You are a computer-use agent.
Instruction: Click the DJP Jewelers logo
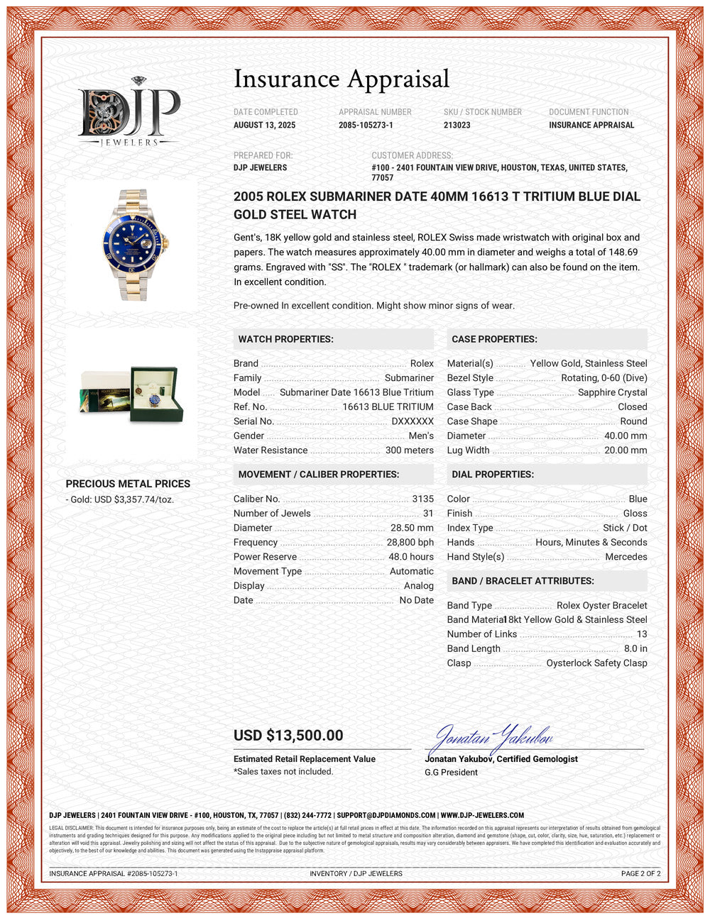(129, 112)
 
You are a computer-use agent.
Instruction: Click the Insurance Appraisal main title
(342, 79)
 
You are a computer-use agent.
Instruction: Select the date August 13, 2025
(264, 125)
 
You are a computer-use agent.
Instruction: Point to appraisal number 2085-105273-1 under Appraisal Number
(366, 125)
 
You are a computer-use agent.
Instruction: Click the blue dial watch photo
(131, 245)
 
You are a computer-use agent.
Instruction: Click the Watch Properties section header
(285, 339)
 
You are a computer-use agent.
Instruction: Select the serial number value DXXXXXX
(413, 421)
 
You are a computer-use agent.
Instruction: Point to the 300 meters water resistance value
(409, 450)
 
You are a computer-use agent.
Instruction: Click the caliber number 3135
(422, 499)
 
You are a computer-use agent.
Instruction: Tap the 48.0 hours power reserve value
(410, 557)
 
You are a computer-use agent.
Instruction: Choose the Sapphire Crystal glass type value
(612, 392)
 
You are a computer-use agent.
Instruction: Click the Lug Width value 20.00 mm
(626, 450)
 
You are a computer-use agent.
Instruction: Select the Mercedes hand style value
(626, 557)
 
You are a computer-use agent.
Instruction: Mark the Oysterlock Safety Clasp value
(596, 663)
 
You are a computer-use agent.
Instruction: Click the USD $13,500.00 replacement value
(288, 736)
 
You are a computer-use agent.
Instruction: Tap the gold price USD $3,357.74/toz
(121, 499)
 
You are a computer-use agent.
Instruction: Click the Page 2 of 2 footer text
(640, 873)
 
